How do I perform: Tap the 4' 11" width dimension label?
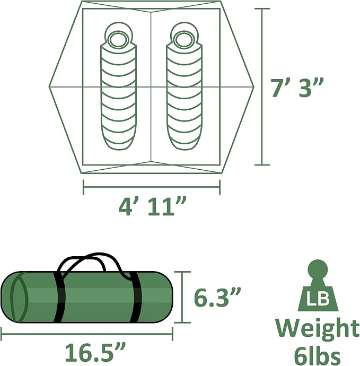click(152, 206)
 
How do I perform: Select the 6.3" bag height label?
click(217, 297)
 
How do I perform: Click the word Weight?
click(317, 328)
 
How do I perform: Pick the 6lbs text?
click(317, 354)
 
